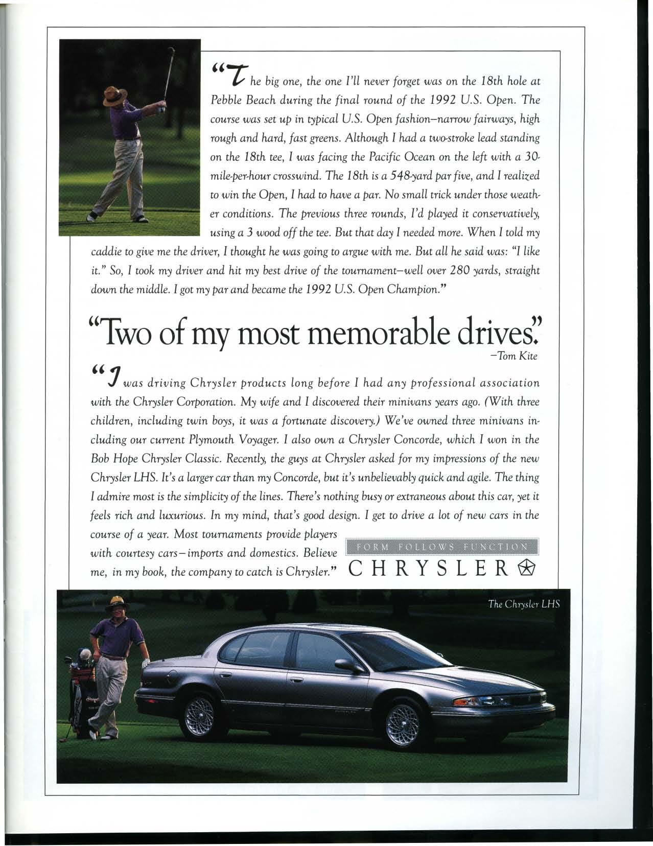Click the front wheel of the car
[404, 721]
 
